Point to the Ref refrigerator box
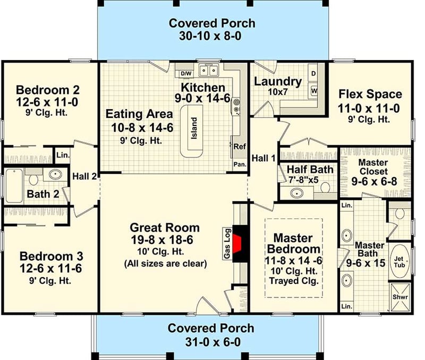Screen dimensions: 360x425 click(240, 146)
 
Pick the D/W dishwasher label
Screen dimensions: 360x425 click(186, 73)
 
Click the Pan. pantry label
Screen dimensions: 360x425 click(240, 165)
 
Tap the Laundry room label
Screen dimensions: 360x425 click(278, 81)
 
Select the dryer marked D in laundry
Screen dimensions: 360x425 click(313, 73)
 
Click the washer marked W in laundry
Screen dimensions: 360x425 click(314, 91)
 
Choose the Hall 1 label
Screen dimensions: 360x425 click(264, 157)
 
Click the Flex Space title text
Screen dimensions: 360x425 click(370, 94)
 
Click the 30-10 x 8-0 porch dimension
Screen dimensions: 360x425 click(212, 37)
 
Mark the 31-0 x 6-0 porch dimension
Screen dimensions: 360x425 click(211, 341)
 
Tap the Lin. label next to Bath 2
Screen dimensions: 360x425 click(62, 155)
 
